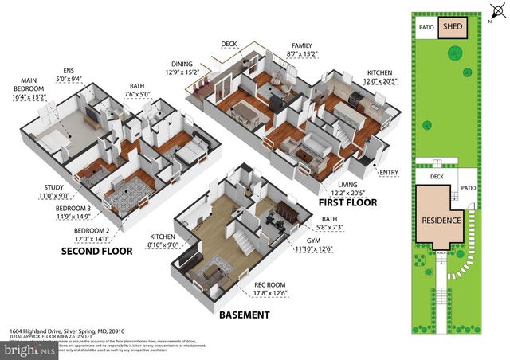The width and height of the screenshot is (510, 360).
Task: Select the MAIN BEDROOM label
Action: [29, 87]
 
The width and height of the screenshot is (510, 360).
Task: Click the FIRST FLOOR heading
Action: [348, 202]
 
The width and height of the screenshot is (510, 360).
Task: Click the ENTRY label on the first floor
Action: [390, 172]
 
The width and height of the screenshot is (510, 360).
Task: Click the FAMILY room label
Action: [302, 46]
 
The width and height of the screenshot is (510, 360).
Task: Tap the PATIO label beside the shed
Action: [426, 27]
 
